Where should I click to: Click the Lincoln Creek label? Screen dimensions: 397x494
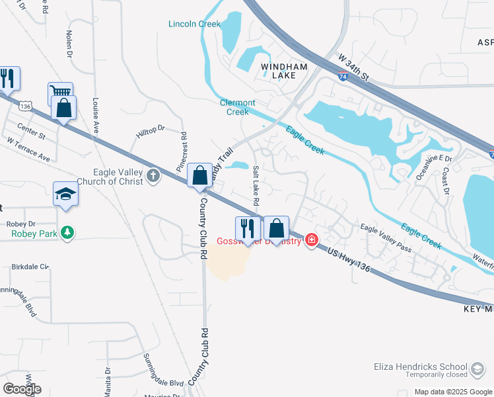(194, 24)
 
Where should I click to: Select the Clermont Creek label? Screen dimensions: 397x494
(238, 107)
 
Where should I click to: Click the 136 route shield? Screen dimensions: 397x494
(26, 105)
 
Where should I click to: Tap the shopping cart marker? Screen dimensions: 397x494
(60, 93)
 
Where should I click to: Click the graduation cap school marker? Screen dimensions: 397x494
(65, 194)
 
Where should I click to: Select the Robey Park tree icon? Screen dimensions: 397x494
(67, 233)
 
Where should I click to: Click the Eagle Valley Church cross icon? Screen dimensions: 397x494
(153, 176)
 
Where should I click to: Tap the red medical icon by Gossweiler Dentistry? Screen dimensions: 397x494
(310, 240)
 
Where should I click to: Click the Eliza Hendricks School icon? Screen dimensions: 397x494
(477, 367)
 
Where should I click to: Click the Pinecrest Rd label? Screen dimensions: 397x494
(182, 152)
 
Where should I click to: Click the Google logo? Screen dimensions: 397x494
(21, 388)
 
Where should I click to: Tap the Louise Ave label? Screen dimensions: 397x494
(96, 115)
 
